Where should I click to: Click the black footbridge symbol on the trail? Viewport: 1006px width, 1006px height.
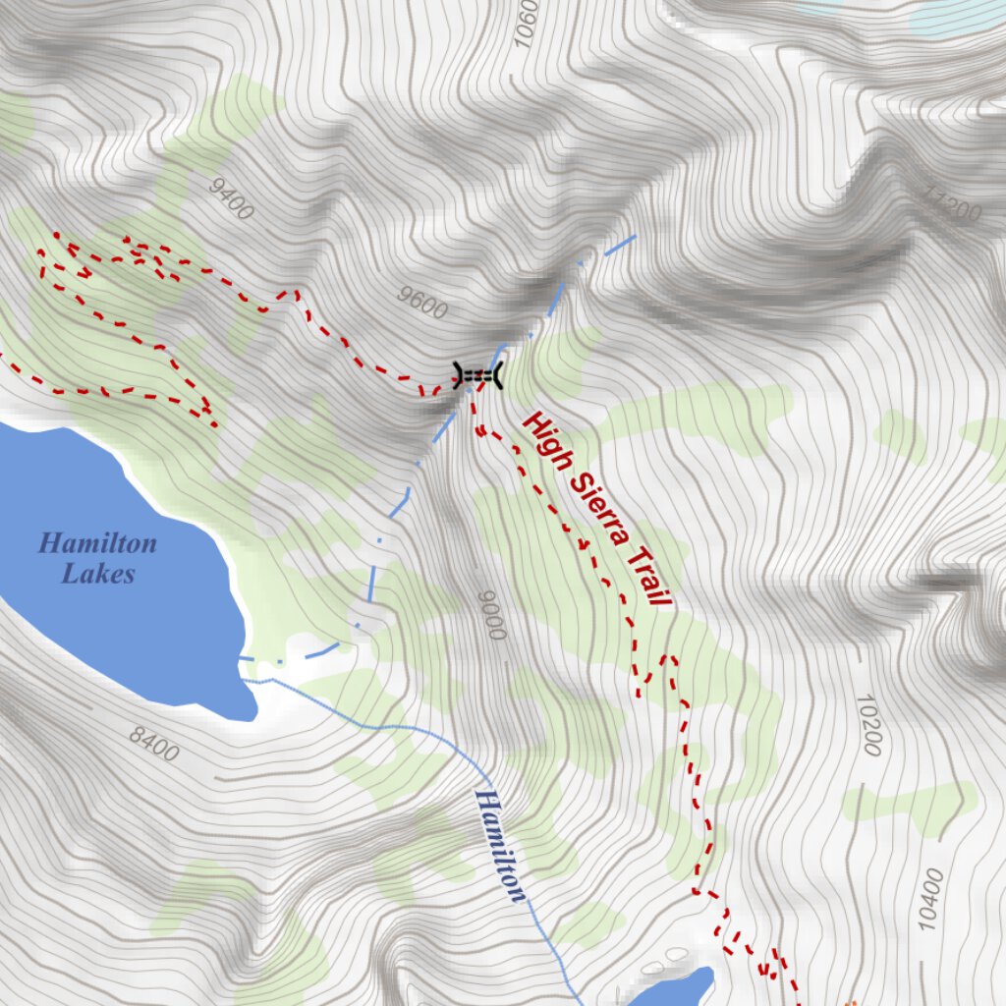[x=477, y=374]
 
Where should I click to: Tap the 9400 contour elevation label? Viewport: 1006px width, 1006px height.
[x=232, y=199]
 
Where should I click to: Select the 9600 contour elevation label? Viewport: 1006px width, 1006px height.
[x=423, y=302]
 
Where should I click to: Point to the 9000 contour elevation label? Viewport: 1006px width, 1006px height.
[x=491, y=615]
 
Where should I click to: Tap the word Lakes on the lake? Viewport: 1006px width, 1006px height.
[x=97, y=575]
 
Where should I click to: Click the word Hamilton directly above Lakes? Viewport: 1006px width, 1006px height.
[x=97, y=543]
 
